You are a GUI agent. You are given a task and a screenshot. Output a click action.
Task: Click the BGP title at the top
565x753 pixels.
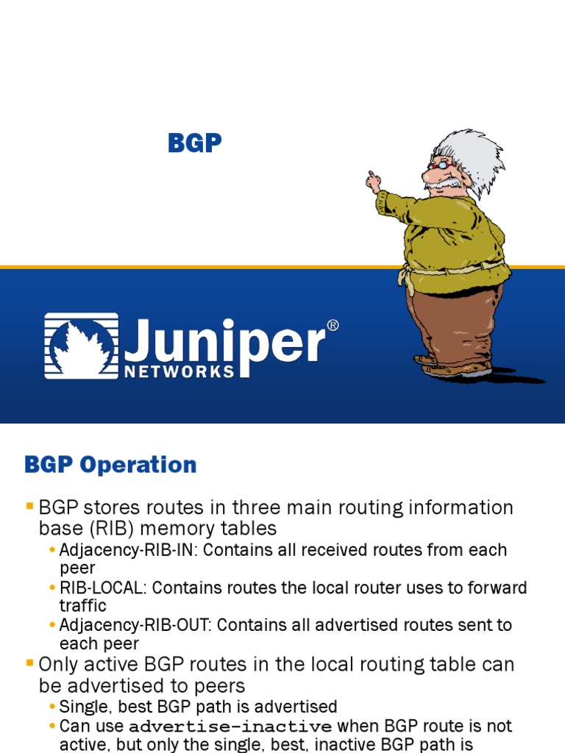pos(195,143)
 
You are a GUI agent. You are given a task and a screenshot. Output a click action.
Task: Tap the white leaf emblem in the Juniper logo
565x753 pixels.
pos(81,346)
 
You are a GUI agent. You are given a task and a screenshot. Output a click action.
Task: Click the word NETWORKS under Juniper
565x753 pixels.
pos(180,371)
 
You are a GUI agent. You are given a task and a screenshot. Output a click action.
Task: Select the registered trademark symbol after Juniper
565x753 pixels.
pos(333,326)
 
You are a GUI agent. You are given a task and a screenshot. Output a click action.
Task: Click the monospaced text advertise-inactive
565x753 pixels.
pos(230,727)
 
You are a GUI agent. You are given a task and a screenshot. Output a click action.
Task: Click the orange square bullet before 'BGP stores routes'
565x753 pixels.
pos(29,506)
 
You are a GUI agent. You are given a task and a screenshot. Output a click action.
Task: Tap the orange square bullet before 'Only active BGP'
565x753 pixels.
pos(29,663)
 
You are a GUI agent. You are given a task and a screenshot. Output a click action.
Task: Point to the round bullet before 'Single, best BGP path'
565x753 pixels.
pos(52,707)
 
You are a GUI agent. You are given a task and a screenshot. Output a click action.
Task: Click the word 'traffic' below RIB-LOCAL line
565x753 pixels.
pos(82,606)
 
